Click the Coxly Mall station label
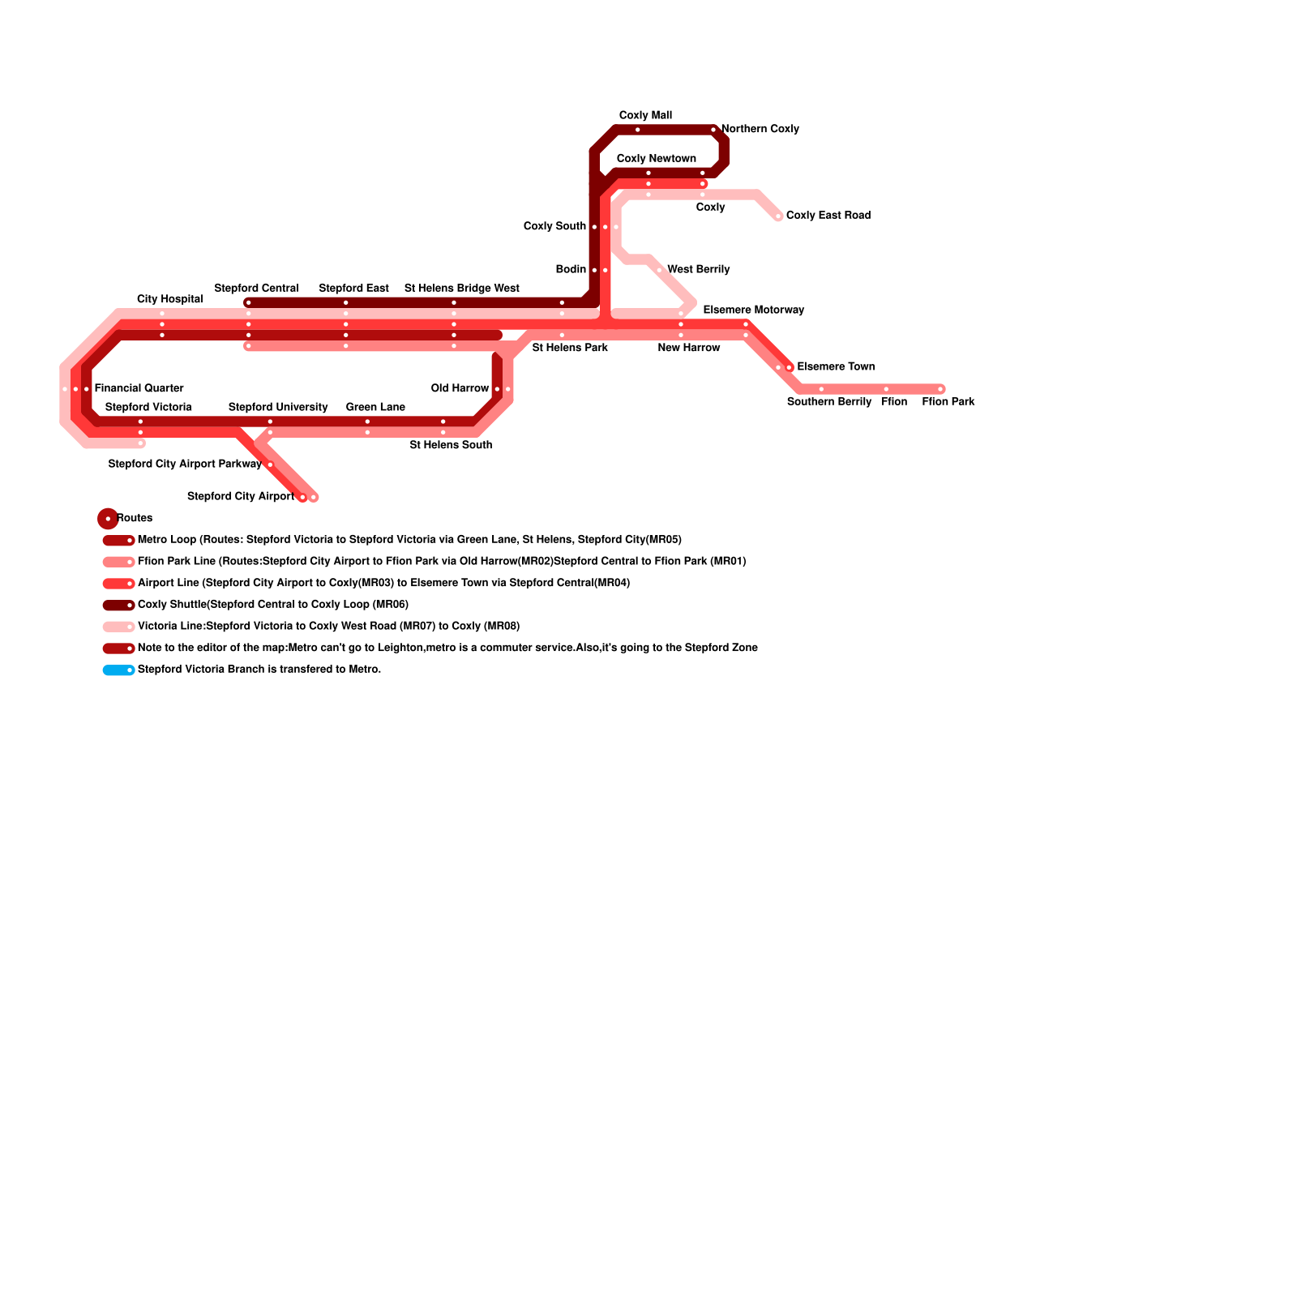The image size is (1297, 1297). tap(645, 116)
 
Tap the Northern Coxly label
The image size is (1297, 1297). tap(760, 129)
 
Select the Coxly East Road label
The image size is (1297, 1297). tap(828, 216)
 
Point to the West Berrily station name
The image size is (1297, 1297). tap(698, 269)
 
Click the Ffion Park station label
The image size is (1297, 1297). tap(948, 402)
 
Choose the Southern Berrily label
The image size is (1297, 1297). tap(828, 402)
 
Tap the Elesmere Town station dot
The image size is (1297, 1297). tap(789, 368)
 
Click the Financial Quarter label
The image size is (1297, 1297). tap(139, 388)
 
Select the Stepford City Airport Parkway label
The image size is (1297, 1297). tap(185, 464)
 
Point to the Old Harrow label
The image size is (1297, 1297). tap(460, 388)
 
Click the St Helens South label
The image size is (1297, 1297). tap(451, 445)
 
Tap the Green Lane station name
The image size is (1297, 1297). tap(375, 407)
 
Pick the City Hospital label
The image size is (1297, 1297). tap(169, 299)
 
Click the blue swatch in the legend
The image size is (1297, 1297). tap(118, 670)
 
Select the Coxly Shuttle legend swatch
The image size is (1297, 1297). tap(118, 606)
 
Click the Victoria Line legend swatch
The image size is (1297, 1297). tap(118, 627)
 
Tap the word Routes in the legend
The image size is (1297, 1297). tap(135, 518)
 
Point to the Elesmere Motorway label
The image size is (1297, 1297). tap(753, 310)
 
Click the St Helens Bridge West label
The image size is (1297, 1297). tap(461, 289)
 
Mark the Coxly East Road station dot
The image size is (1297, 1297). tap(778, 216)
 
